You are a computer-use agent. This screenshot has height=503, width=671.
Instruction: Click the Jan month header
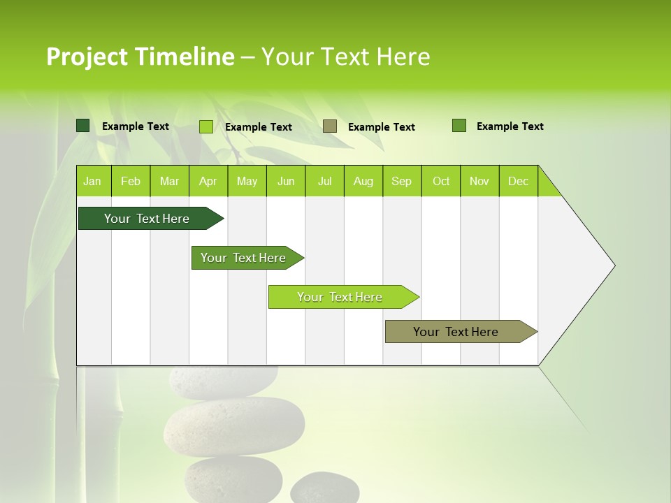coord(93,181)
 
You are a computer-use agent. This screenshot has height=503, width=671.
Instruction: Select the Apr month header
coord(208,181)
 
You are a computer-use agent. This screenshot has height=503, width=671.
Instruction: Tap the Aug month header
coord(363,181)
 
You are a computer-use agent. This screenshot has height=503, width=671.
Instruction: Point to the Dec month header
coord(518,181)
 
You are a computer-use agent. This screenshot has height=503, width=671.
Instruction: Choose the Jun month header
coord(286,181)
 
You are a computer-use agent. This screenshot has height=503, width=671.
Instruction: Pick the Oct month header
coord(441,181)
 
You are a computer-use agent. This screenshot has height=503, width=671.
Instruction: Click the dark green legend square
coord(83,126)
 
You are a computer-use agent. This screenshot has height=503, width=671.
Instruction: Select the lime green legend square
coord(206,126)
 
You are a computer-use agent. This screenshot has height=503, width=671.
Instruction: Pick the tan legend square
coord(330,126)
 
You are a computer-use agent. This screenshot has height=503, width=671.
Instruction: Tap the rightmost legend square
coord(459,126)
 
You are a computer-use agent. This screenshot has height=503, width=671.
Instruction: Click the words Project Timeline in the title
coord(140,57)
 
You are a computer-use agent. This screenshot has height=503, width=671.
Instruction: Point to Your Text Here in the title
coord(345,57)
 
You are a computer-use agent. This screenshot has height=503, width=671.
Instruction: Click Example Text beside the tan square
coord(381,127)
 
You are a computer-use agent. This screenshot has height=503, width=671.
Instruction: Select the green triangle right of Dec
coord(547,186)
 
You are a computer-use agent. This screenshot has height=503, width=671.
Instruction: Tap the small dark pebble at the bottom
coord(324,488)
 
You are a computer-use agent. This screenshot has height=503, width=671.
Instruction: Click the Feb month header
coord(131,181)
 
